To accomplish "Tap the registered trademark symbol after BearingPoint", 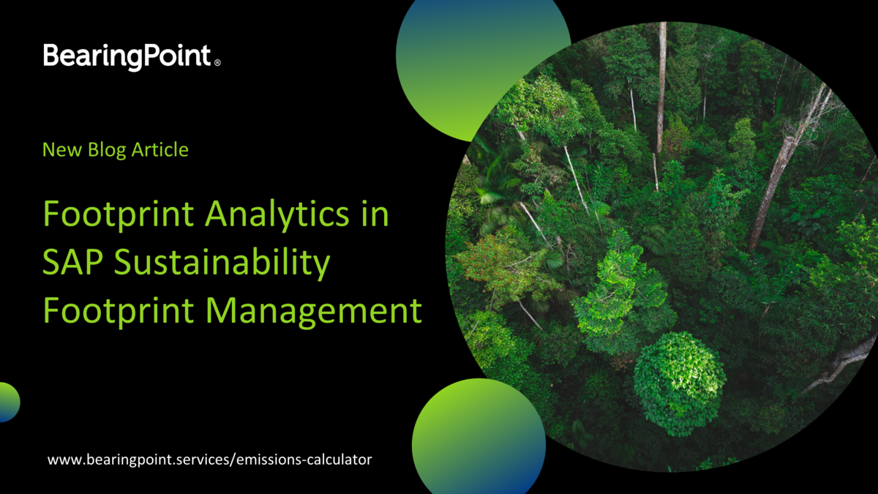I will coord(217,64).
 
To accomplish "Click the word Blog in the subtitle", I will coord(103,150).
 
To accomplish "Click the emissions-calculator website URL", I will coord(210,460).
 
